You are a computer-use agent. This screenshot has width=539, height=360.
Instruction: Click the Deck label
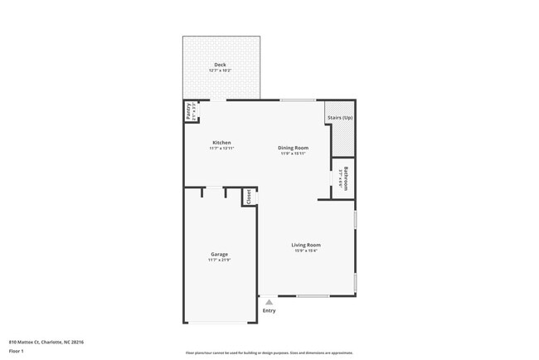tap(220, 65)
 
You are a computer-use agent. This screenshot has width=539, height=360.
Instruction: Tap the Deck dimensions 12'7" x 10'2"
tap(220, 71)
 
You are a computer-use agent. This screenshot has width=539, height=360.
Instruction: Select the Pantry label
tap(189, 110)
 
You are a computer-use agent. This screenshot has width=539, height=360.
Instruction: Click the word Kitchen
tap(221, 143)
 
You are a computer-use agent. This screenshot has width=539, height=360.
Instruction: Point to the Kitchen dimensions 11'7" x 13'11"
tap(221, 148)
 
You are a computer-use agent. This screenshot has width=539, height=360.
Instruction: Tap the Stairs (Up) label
tap(340, 118)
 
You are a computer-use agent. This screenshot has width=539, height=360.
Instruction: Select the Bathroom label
tap(346, 179)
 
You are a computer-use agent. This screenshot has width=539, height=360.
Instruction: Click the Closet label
tap(248, 197)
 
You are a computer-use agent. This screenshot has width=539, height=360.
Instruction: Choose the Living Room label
tap(306, 245)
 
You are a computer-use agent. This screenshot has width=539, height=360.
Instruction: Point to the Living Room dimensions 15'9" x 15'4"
tap(306, 251)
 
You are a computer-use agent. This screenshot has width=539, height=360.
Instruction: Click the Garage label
tap(219, 254)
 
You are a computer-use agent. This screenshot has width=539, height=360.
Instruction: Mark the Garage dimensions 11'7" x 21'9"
tap(219, 260)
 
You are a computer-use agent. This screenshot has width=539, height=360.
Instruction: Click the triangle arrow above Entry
tap(269, 303)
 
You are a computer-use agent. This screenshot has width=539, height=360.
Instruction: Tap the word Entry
tap(269, 311)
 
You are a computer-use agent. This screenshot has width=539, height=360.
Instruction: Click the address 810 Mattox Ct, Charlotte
tap(46, 342)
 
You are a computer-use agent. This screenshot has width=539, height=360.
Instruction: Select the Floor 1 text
tap(17, 351)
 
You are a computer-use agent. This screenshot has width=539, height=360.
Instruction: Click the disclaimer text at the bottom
tap(269, 353)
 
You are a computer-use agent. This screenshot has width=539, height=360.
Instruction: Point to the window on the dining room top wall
tap(292, 100)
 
